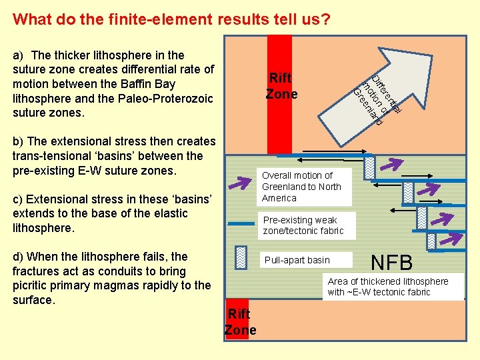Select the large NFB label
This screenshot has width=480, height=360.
(x=392, y=262)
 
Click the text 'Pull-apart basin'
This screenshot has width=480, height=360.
(x=297, y=259)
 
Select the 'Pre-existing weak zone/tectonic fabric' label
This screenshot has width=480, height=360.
(x=303, y=225)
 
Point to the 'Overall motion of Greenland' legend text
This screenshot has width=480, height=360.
(x=301, y=187)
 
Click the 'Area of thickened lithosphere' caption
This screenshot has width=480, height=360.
(x=388, y=287)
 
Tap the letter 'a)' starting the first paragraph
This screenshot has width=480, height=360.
(x=19, y=55)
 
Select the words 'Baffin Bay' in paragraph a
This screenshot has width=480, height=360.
(x=152, y=84)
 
